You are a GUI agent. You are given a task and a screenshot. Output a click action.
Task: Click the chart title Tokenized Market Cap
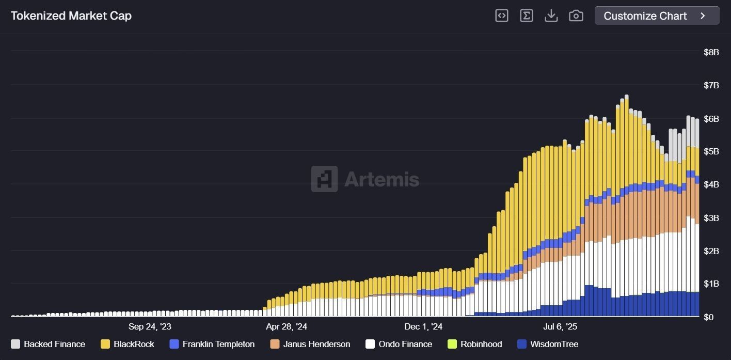point(71,16)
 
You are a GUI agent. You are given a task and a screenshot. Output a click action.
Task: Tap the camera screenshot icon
point(576,16)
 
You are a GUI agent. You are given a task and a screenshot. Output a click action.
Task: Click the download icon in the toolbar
point(551,16)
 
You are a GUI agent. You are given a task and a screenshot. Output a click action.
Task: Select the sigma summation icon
point(526,16)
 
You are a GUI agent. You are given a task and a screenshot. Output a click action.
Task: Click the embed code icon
point(501,16)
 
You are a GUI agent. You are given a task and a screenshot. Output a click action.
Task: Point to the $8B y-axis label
point(711,52)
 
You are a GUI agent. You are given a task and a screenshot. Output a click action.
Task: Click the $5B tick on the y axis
point(711,151)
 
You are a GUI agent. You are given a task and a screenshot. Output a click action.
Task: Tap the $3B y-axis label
point(711,217)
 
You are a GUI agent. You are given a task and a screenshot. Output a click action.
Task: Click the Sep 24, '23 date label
point(150,327)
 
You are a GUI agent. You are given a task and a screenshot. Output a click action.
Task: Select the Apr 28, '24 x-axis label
point(287,327)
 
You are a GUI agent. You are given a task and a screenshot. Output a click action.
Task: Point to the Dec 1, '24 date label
point(423,327)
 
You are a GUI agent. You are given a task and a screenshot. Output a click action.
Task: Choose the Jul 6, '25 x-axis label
point(560,327)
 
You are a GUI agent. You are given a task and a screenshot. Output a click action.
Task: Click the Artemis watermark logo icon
point(324,179)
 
